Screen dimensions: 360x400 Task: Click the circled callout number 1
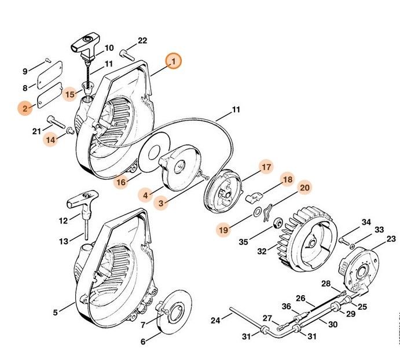173,61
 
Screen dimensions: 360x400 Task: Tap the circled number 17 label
265,167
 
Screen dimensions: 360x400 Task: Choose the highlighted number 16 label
120,182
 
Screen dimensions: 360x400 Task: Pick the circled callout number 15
70,93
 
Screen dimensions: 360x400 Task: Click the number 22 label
143,41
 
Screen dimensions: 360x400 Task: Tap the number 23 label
391,238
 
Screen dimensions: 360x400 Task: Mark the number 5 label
56,313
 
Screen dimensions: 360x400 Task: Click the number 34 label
366,222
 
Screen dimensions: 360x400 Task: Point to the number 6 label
143,341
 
